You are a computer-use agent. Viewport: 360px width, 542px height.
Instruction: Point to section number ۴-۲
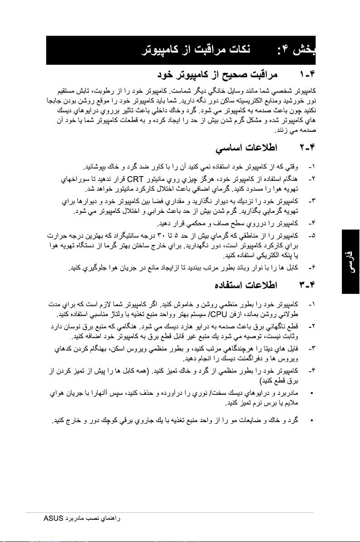pos(307,148)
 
